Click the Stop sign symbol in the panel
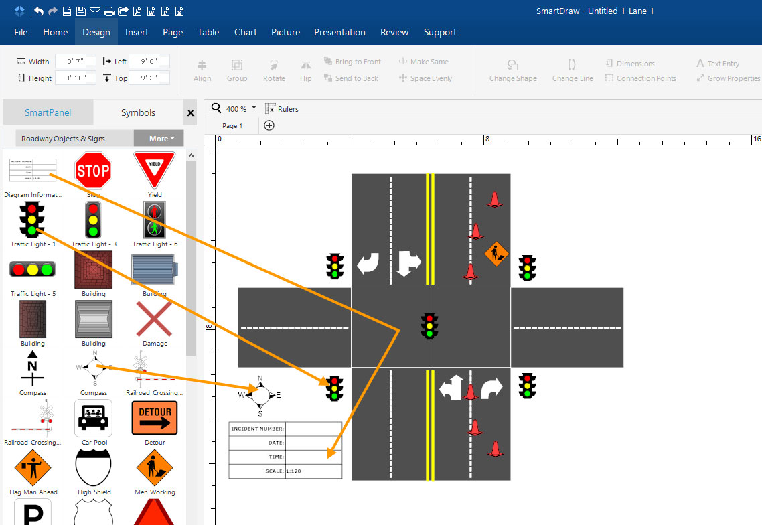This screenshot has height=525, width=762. pos(93,171)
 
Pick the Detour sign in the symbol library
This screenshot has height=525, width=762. pos(155,418)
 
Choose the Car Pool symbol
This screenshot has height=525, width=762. pos(93,419)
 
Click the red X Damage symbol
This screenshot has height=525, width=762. pos(155,319)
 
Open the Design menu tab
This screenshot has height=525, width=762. pos(96,32)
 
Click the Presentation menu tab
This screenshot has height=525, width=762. pos(339,32)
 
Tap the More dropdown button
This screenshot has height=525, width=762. pos(159,139)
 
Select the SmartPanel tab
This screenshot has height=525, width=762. pos(48,112)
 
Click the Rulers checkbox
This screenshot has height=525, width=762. pos(271,109)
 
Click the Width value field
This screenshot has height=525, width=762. pos(75,62)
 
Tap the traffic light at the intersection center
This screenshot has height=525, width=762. pos(429,325)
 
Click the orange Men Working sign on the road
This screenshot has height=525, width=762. pos(496,254)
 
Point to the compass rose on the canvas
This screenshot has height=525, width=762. pos(260,395)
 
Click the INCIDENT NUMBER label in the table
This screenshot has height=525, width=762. pos(257,429)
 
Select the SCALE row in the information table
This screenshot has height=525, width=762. pos(285,471)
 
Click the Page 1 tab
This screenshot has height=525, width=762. pos(232,125)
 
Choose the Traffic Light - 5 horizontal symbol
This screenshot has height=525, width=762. pos(32,270)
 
